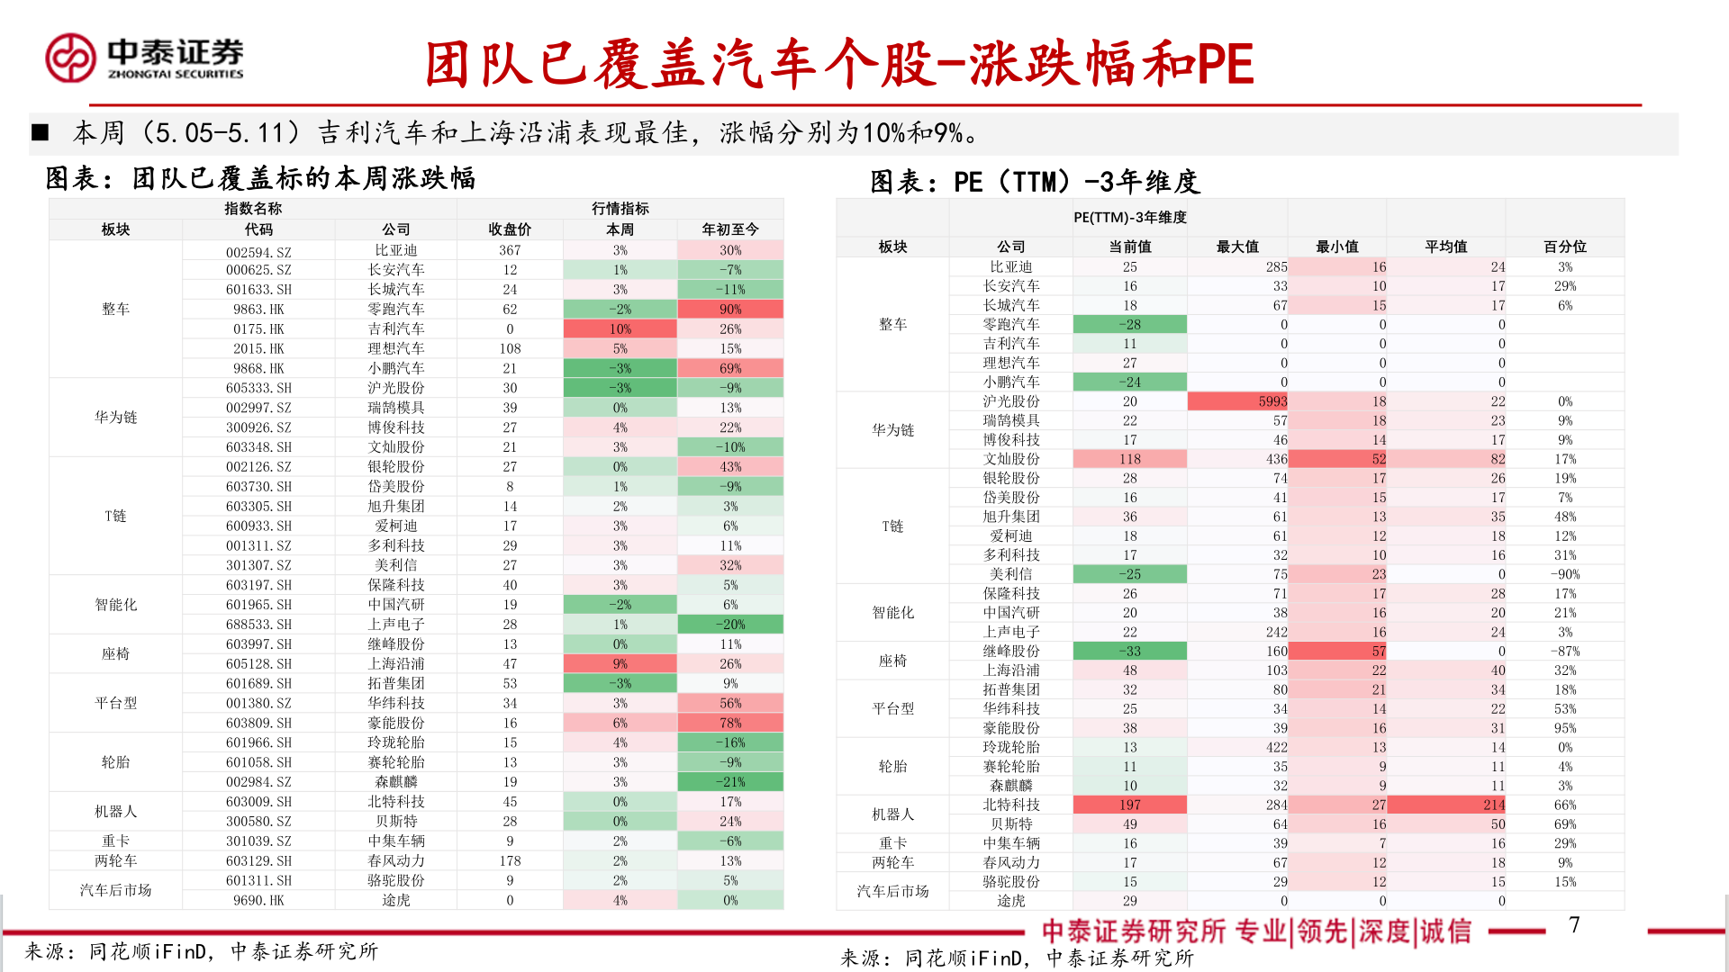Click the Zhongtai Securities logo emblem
tap(70, 58)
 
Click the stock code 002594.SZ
tap(258, 251)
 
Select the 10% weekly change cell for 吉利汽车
tap(620, 329)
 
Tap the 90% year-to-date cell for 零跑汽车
tap(730, 310)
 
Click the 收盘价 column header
tap(510, 229)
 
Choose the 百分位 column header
tap(1564, 247)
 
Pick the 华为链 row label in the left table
tap(115, 418)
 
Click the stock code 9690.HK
tap(258, 900)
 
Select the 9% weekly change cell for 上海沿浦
tap(620, 664)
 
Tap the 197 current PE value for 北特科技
tap(1129, 805)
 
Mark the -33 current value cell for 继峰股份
tap(1129, 651)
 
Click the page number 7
tap(1574, 925)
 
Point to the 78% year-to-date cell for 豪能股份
tap(730, 724)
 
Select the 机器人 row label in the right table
tap(892, 814)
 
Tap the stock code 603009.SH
tap(258, 802)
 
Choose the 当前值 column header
tap(1129, 247)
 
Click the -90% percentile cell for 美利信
tap(1564, 574)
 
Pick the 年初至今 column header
tap(730, 229)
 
